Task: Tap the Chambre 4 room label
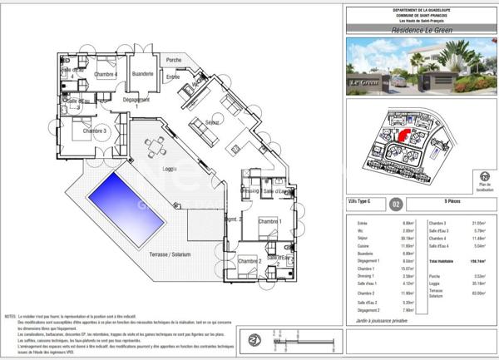click(105, 75)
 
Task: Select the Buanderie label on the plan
click(143, 74)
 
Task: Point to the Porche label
click(174, 60)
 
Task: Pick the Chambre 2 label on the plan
click(249, 262)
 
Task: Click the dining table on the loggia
click(154, 147)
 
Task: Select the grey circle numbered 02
click(396, 202)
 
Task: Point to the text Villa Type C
click(361, 202)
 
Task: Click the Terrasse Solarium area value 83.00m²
click(480, 292)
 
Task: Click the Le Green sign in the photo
click(364, 83)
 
